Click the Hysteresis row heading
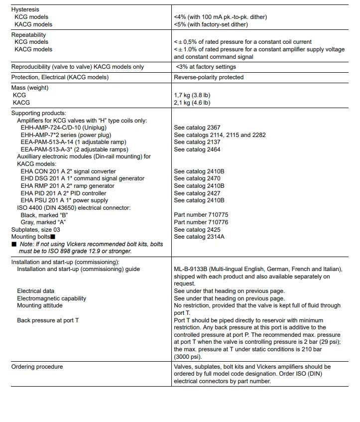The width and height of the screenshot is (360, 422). [x=25, y=9]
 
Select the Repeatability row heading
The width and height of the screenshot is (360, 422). [x=28, y=35]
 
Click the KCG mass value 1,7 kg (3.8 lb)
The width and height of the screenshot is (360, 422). [x=192, y=95]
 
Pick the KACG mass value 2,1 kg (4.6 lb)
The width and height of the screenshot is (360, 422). [x=192, y=103]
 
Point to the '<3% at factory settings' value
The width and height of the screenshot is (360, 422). [x=206, y=67]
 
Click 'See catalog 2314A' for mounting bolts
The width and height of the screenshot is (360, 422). [x=199, y=237]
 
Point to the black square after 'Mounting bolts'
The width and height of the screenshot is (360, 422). [x=52, y=237]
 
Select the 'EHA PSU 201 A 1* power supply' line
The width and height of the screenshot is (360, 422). [x=64, y=200]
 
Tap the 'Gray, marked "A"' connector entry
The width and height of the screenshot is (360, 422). [x=43, y=222]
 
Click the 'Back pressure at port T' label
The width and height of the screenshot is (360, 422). [x=48, y=320]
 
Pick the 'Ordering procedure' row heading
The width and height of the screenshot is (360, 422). [x=37, y=367]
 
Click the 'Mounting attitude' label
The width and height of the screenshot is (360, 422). [x=40, y=305]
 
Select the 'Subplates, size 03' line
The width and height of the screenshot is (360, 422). [x=35, y=230]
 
